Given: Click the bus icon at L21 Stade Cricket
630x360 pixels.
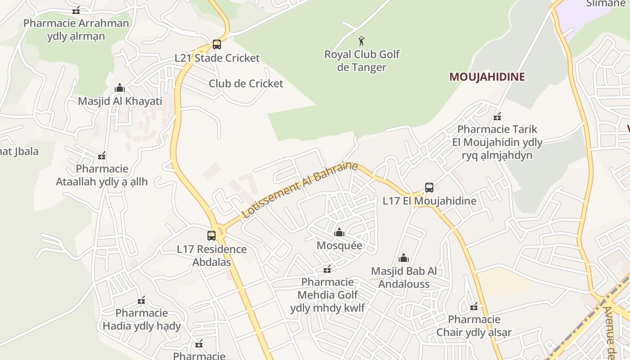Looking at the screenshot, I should pos(216,45).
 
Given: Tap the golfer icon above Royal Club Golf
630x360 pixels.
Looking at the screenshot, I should pos(361,41).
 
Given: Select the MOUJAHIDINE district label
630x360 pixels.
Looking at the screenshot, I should pos(487,76).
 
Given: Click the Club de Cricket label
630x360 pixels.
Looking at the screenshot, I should pos(246,84).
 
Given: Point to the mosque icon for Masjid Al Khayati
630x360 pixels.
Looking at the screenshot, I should pos(120,88).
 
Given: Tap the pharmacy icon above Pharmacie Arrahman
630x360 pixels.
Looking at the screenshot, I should pos(76,10).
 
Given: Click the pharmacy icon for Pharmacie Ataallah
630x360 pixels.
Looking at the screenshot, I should pos(102,156).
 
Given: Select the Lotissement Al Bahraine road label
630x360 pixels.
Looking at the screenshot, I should pos(300,190).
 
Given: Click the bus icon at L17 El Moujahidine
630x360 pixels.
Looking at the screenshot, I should pos(429,188).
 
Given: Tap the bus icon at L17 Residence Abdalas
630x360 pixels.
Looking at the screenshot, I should pos(211,235).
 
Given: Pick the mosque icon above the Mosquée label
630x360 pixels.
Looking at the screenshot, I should pos(339,232).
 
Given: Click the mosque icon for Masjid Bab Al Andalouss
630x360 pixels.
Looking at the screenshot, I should pos(404,258).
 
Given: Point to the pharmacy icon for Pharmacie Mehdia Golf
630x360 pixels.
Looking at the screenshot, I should pos(327,269).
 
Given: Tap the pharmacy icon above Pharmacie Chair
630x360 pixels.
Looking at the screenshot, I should pos(473,307).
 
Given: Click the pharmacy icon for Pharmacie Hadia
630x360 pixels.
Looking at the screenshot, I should pos(141,300).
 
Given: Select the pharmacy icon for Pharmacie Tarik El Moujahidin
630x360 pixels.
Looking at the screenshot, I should pos(497,117).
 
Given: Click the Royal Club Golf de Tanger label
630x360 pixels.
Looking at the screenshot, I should pos(362,61).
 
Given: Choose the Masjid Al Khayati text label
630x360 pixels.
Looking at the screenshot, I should pos(120,101).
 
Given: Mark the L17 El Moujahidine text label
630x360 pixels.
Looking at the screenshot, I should pos(429,201).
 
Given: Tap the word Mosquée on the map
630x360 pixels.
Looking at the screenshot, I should pos(339,246).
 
